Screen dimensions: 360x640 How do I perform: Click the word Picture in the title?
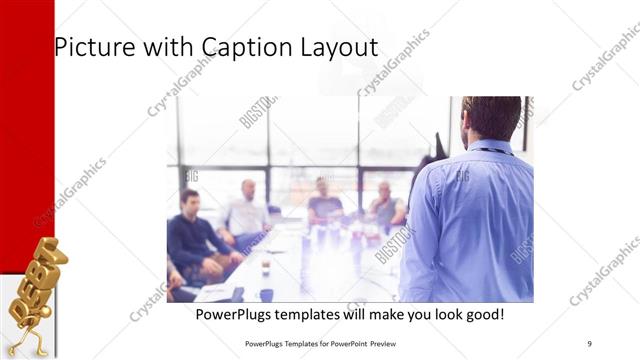[x=89, y=47]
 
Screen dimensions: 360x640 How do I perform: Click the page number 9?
[x=589, y=343]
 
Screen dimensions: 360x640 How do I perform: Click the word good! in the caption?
[x=481, y=315]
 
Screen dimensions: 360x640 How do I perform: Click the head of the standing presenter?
[x=492, y=117]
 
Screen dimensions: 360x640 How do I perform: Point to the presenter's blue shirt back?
[x=470, y=220]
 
